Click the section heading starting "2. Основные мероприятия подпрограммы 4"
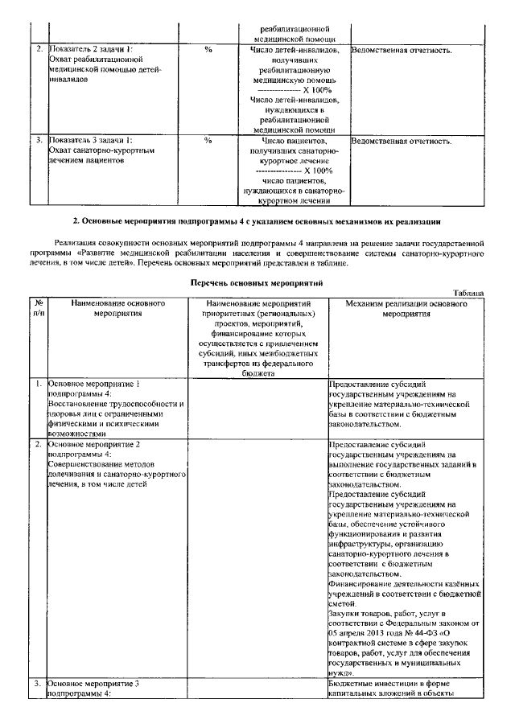(256, 220)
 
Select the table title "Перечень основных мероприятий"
(256, 283)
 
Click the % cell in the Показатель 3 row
(208, 141)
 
